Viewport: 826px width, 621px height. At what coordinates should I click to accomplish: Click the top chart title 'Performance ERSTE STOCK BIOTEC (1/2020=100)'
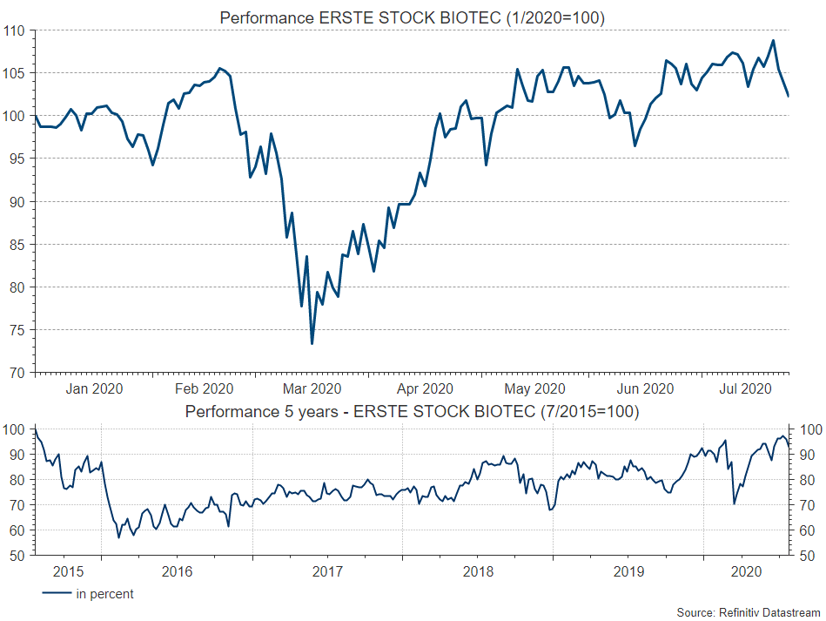click(x=412, y=17)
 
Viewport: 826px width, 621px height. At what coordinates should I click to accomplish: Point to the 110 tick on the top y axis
click(x=16, y=30)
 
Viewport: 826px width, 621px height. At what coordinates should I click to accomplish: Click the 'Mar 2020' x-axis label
click(x=312, y=389)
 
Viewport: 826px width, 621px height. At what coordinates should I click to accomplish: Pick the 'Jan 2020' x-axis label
click(x=94, y=389)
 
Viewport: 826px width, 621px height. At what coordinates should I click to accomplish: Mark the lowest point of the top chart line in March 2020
click(x=312, y=343)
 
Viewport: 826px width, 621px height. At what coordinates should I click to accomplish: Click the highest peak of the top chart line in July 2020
click(x=773, y=40)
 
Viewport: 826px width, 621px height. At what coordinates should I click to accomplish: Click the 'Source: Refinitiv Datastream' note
click(x=749, y=613)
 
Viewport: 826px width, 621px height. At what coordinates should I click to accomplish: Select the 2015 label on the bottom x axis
click(x=69, y=571)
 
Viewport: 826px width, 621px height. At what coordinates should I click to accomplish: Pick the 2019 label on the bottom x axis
click(x=628, y=571)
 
